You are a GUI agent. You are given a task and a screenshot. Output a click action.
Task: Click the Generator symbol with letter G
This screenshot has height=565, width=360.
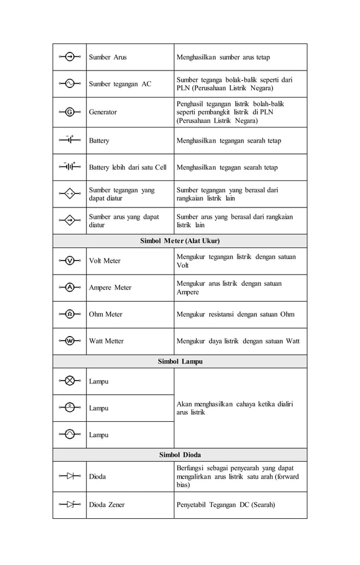(69, 112)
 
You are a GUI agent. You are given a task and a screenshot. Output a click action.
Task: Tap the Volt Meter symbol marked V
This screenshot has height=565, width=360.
(69, 261)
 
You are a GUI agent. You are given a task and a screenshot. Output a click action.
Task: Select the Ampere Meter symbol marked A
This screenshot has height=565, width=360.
(69, 287)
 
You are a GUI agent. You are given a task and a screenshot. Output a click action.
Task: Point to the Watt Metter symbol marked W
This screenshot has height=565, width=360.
(69, 341)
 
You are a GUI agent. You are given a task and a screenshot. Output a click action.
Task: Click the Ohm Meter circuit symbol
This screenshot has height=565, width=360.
(69, 314)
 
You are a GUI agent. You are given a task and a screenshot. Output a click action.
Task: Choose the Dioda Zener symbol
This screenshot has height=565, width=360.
(69, 504)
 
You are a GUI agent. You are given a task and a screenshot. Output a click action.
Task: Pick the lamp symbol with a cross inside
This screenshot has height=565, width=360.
(69, 381)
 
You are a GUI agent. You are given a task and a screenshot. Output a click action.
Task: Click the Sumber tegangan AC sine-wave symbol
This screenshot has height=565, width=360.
(69, 83)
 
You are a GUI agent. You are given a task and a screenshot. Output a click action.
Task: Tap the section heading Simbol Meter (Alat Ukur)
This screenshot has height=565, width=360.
(179, 241)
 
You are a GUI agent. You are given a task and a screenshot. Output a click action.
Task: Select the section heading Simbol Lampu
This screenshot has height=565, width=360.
(179, 361)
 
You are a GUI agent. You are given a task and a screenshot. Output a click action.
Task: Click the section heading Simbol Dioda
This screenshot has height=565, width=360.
(179, 454)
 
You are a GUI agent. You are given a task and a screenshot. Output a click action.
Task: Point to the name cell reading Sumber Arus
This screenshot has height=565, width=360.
(108, 57)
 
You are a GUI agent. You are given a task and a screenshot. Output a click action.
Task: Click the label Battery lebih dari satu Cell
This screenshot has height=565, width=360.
(128, 167)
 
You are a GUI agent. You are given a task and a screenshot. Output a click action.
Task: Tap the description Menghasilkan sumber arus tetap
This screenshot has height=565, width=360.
(223, 57)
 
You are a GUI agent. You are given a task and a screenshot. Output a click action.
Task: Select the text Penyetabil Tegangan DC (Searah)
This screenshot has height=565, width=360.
(226, 505)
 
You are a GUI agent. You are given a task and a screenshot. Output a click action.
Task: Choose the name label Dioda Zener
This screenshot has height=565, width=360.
(107, 505)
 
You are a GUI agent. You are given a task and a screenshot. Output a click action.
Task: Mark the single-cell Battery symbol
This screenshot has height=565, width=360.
(69, 140)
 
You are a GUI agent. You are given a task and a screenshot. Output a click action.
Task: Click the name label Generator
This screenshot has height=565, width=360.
(103, 112)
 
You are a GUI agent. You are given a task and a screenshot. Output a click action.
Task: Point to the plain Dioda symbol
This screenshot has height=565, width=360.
(69, 476)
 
